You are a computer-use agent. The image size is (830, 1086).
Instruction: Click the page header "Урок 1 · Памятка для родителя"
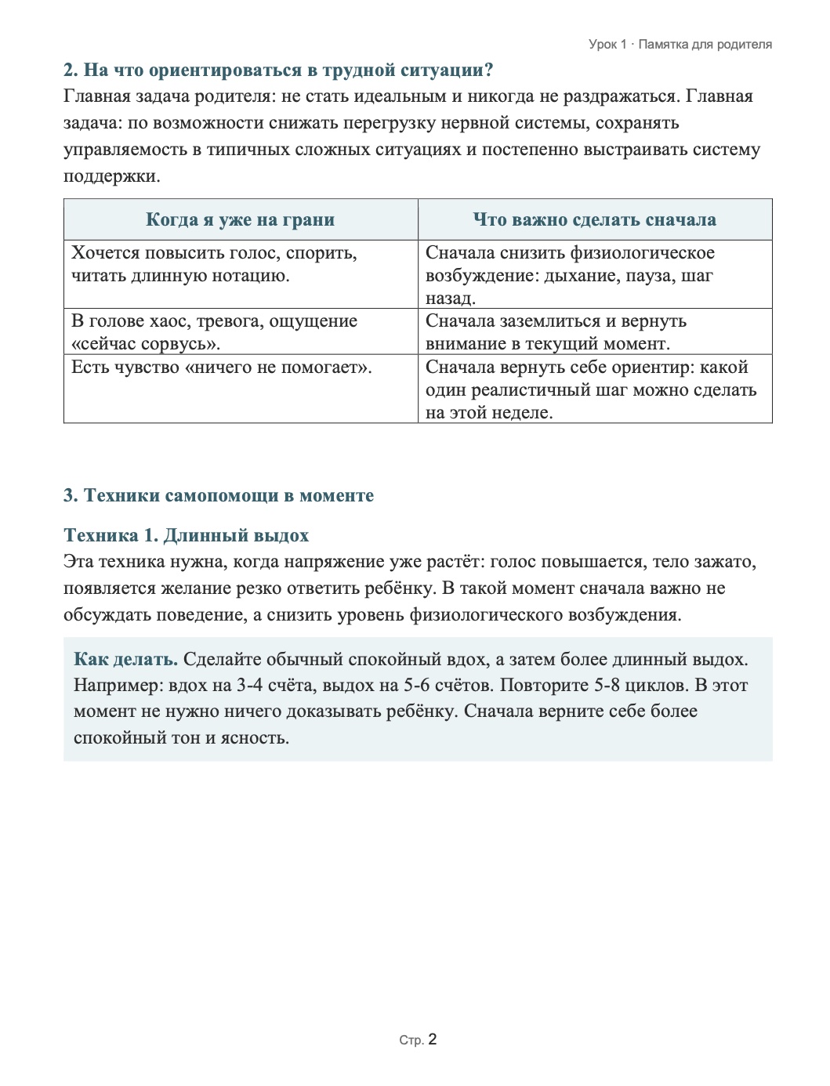coord(680,45)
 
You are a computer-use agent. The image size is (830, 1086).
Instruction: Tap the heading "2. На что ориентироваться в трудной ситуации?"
coord(278,70)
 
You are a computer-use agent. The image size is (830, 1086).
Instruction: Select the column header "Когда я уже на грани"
coord(240,219)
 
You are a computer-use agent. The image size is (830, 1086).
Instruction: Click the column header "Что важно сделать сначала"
coord(594,219)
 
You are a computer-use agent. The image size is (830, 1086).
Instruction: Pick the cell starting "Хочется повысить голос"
coord(214,264)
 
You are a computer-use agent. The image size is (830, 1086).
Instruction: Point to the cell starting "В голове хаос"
coord(214,331)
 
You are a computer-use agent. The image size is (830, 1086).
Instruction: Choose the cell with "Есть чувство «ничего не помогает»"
coord(222,367)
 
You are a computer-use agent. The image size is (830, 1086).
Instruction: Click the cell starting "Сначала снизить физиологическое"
coord(570,275)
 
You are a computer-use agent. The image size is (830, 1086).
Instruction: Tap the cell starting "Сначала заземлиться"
coord(556,331)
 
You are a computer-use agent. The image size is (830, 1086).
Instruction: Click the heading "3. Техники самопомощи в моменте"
coord(219,495)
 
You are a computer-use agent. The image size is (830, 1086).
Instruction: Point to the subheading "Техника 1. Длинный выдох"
coord(186,535)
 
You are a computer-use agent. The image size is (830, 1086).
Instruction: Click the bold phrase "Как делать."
coord(125,659)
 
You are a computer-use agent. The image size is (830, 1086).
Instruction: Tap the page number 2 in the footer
coord(433,1040)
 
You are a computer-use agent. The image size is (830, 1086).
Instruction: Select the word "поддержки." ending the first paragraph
coord(111,176)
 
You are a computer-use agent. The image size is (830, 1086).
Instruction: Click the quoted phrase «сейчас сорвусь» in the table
coord(146,343)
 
